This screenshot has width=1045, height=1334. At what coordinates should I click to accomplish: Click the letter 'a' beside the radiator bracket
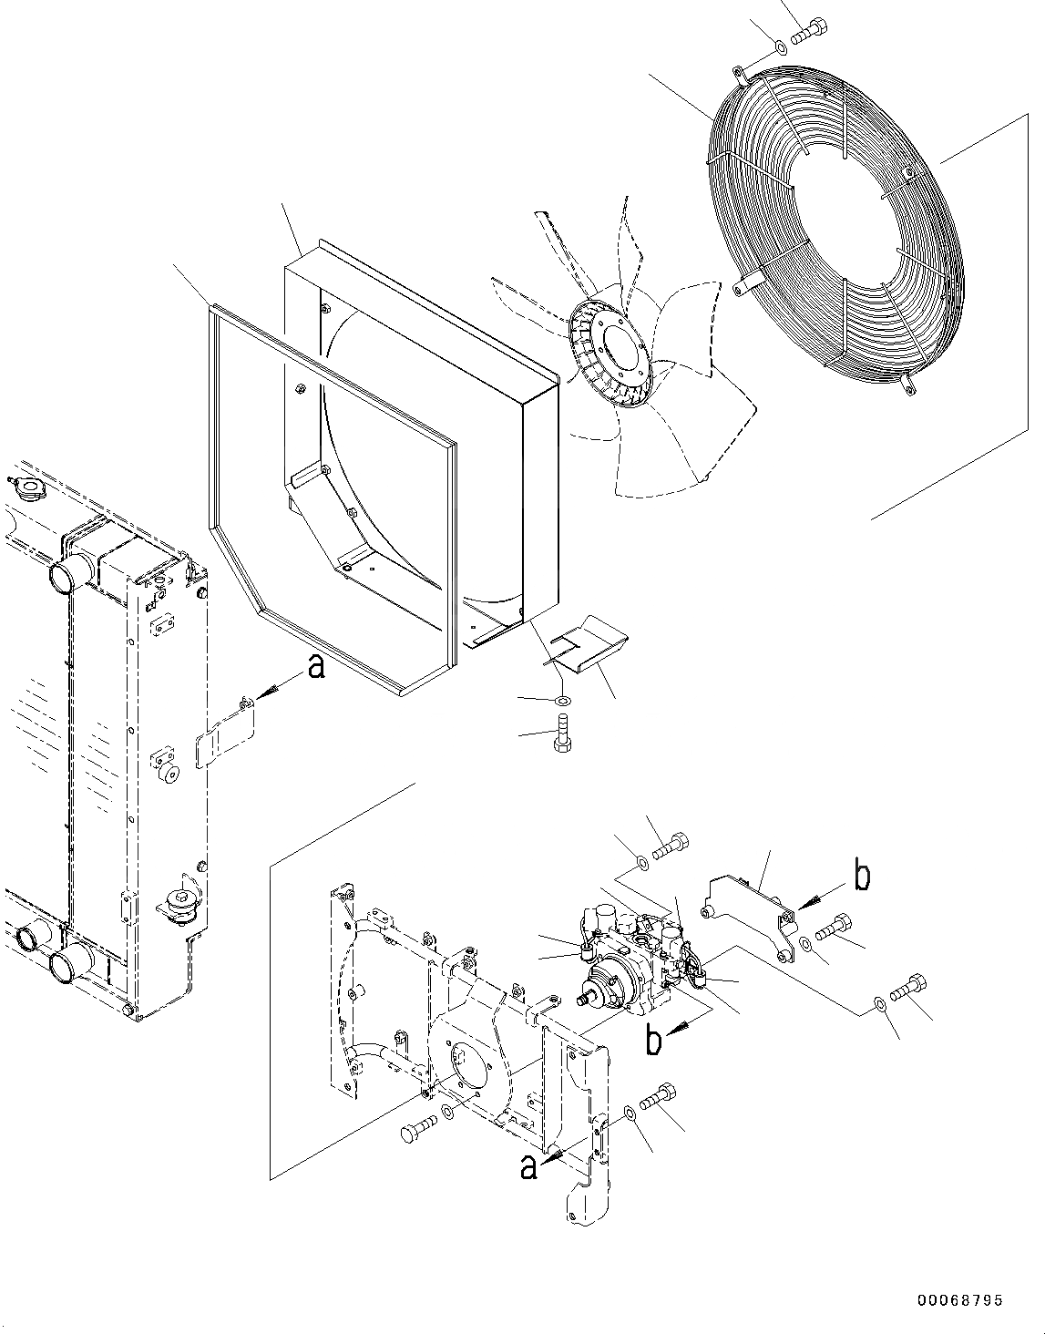pyautogui.click(x=315, y=667)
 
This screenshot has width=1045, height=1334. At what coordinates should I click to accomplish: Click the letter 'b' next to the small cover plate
pyautogui.click(x=861, y=876)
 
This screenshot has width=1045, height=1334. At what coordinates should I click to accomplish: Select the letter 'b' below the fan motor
pyautogui.click(x=652, y=1041)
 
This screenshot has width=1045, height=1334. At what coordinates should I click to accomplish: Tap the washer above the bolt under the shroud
pyautogui.click(x=563, y=699)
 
